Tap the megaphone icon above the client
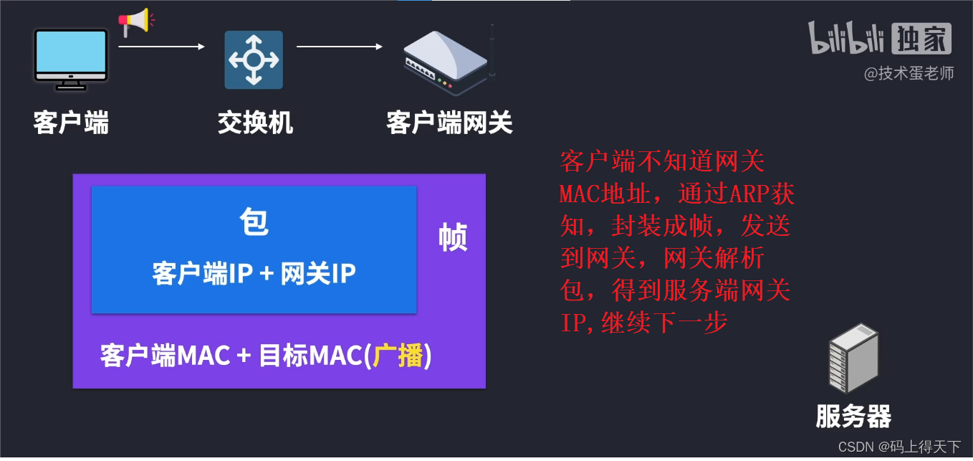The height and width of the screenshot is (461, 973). click(x=134, y=22)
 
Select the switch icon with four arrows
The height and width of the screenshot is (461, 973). click(x=254, y=60)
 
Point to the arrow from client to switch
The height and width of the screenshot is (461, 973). click(x=161, y=47)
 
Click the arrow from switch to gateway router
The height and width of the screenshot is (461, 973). click(x=340, y=47)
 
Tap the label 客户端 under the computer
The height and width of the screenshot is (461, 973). click(x=71, y=123)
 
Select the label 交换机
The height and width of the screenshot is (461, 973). click(x=255, y=123)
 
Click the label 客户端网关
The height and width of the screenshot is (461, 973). click(x=449, y=123)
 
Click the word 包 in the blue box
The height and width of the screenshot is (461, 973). click(x=254, y=223)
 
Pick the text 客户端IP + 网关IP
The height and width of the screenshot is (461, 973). click(x=254, y=274)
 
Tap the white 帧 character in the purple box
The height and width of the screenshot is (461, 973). click(x=453, y=237)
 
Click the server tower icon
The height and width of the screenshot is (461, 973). click(x=853, y=358)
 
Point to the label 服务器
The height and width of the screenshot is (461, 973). click(x=853, y=416)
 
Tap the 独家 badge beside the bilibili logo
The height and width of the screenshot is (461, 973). click(x=922, y=39)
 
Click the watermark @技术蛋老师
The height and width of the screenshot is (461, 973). click(x=909, y=73)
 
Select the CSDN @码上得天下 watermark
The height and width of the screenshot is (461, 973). click(x=898, y=447)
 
